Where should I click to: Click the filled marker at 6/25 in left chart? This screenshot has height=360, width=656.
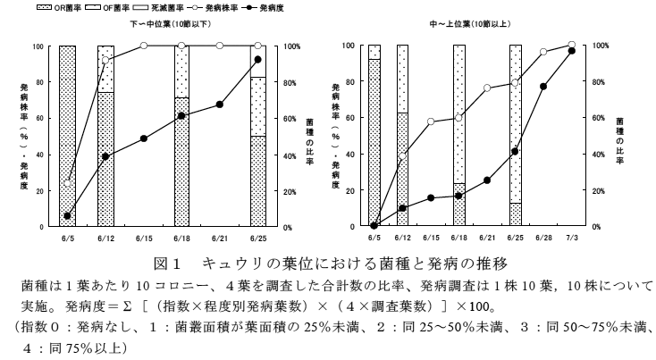[257, 60]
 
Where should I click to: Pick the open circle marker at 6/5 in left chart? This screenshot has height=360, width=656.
[68, 181]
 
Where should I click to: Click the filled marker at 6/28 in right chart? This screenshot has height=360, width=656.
[543, 87]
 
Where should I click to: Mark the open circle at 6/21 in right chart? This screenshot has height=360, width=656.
[487, 88]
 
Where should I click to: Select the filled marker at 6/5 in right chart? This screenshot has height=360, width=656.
[374, 226]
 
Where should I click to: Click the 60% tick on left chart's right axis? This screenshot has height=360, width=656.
[287, 118]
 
